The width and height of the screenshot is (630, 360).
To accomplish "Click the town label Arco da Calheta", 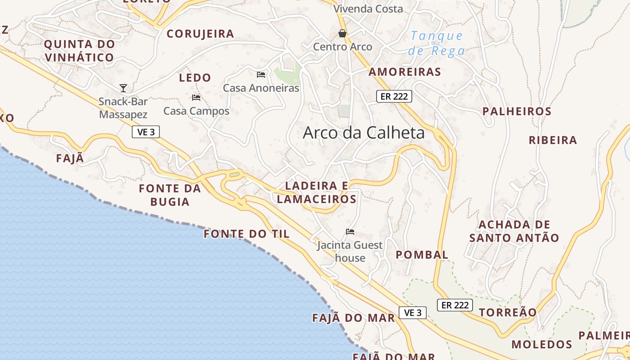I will (x=364, y=133).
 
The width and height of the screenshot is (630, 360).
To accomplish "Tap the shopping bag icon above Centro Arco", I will (x=342, y=33).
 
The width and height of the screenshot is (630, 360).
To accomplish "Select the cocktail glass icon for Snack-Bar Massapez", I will (x=123, y=88).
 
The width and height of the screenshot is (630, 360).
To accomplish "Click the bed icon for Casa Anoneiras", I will (x=261, y=74).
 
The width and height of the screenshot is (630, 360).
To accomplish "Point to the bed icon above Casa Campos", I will (x=196, y=97).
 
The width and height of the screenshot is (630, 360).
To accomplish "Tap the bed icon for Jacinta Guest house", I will (x=350, y=232).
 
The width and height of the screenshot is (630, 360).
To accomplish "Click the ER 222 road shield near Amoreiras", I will (x=394, y=96).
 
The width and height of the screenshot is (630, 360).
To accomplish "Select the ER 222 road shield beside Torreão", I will (x=455, y=305).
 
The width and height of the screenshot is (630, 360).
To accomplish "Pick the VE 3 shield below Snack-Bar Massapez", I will (x=146, y=132).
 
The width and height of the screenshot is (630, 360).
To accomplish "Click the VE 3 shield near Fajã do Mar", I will (x=413, y=313).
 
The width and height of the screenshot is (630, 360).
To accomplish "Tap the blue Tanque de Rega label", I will (x=436, y=43).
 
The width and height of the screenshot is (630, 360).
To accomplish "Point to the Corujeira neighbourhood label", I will (x=200, y=34).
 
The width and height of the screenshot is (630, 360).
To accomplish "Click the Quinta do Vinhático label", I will (x=79, y=51).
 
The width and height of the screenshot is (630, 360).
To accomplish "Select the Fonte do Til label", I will (x=247, y=234).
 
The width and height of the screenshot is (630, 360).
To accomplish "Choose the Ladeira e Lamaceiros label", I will (x=317, y=192).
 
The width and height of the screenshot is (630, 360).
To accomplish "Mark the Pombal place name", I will (x=422, y=255).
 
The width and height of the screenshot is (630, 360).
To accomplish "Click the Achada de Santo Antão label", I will (x=514, y=231).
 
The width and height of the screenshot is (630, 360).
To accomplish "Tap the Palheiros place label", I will (x=517, y=112).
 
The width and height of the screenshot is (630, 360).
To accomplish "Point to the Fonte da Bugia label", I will (x=170, y=195).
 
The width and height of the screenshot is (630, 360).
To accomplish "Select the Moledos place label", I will (x=541, y=345).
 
